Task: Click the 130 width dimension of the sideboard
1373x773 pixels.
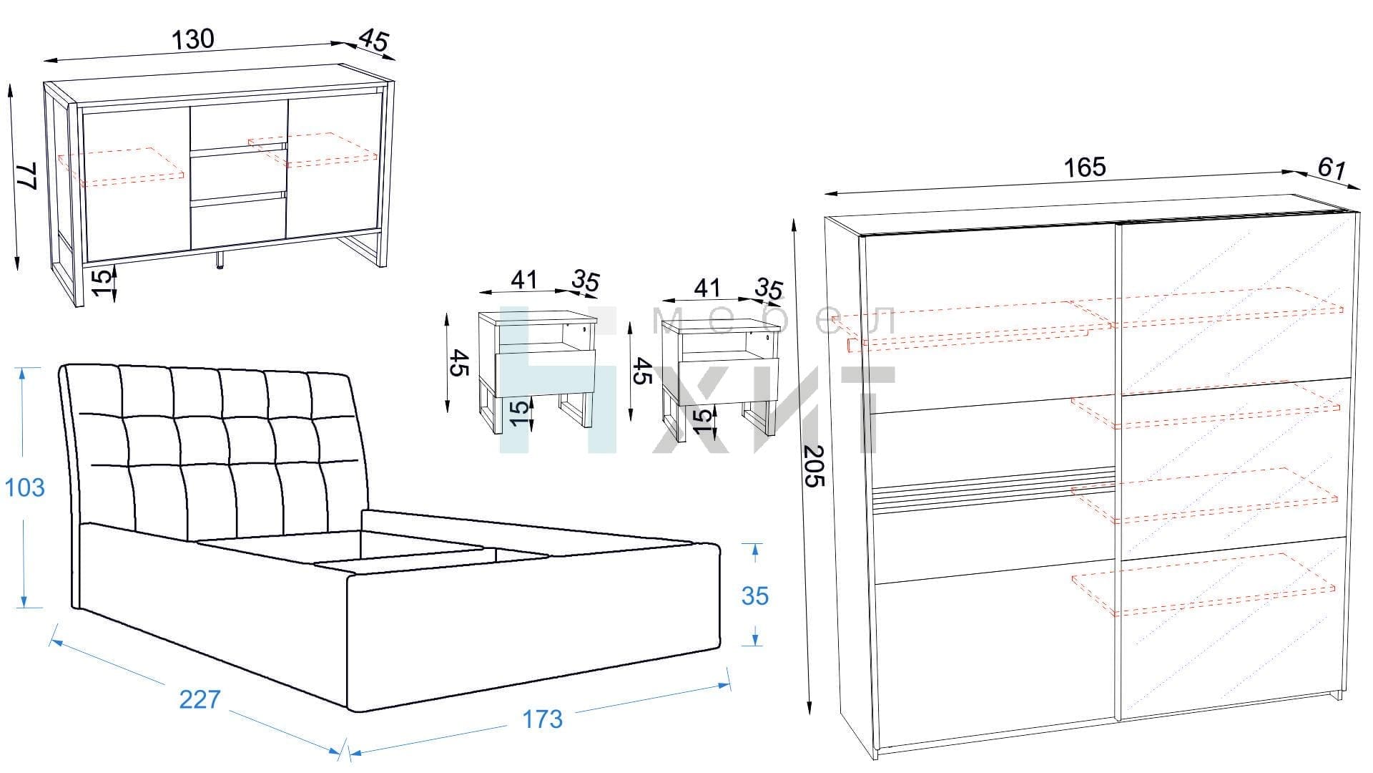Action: pyautogui.click(x=193, y=39)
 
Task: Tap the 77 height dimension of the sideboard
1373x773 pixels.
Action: pyautogui.click(x=27, y=176)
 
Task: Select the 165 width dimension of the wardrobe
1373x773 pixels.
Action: pyautogui.click(x=1085, y=167)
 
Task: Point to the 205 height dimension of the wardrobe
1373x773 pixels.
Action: pyautogui.click(x=815, y=466)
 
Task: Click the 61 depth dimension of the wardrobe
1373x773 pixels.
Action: pyautogui.click(x=1331, y=169)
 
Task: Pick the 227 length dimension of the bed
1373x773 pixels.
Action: pyautogui.click(x=200, y=699)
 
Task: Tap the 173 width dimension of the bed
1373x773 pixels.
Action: pyautogui.click(x=542, y=719)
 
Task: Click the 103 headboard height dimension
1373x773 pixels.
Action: pyautogui.click(x=24, y=487)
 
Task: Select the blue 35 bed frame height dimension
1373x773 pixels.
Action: pyautogui.click(x=755, y=595)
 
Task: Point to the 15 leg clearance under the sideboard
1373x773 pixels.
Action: pyautogui.click(x=104, y=282)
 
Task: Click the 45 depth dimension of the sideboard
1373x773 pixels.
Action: pyautogui.click(x=374, y=40)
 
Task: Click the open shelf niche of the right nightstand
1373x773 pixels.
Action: pyautogui.click(x=724, y=344)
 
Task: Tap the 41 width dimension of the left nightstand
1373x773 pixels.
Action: pyautogui.click(x=524, y=280)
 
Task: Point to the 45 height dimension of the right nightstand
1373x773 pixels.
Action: pyautogui.click(x=641, y=371)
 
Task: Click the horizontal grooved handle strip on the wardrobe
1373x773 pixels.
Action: pyautogui.click(x=994, y=489)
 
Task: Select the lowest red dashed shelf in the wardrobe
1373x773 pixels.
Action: pyautogui.click(x=1204, y=584)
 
